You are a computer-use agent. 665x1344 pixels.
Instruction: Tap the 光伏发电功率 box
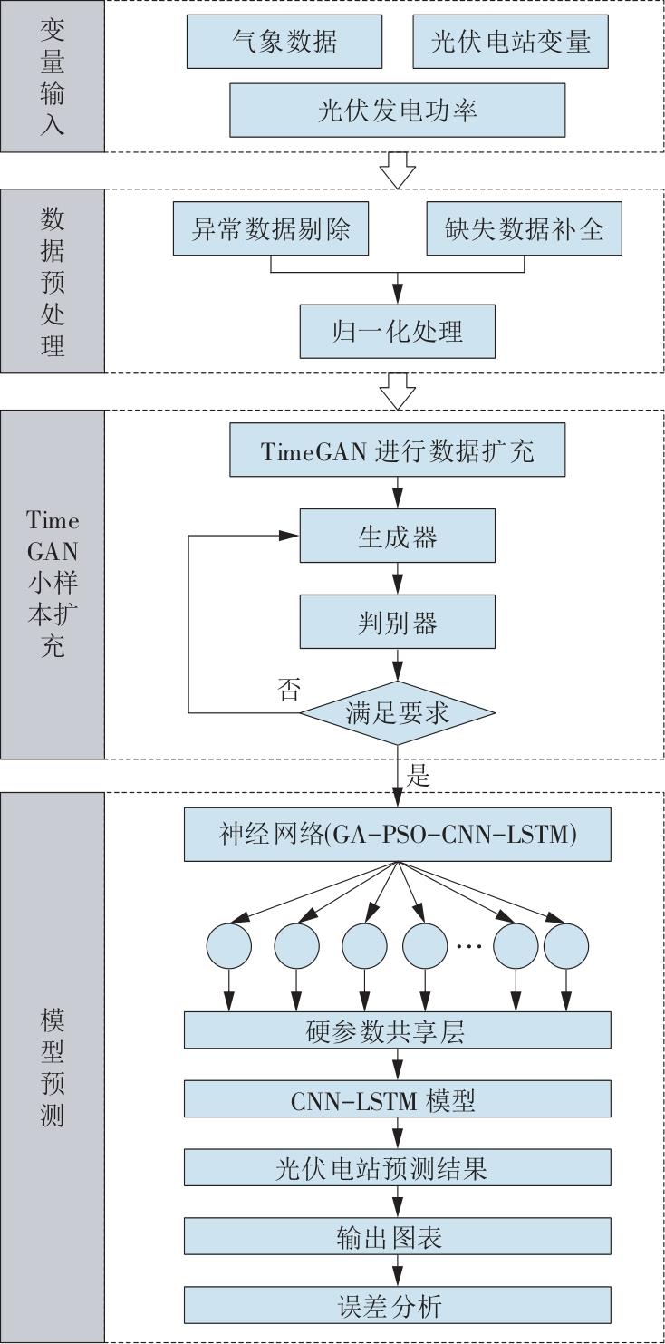tap(398, 110)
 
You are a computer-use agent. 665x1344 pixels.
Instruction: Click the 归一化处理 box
tap(398, 331)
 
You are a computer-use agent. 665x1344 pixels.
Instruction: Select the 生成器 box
tap(398, 537)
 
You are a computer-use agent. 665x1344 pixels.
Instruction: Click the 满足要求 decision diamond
tap(398, 712)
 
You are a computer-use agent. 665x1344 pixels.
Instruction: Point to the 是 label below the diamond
tap(419, 775)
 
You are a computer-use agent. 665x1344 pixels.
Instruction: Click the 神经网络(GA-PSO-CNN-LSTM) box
tap(398, 835)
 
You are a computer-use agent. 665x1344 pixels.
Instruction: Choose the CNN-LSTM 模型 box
tap(398, 1100)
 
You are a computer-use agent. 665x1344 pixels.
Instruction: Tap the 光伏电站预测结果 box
tap(398, 1169)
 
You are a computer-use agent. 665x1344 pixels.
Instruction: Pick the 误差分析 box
tap(398, 1306)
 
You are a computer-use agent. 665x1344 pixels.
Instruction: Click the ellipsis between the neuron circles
tap(467, 947)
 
